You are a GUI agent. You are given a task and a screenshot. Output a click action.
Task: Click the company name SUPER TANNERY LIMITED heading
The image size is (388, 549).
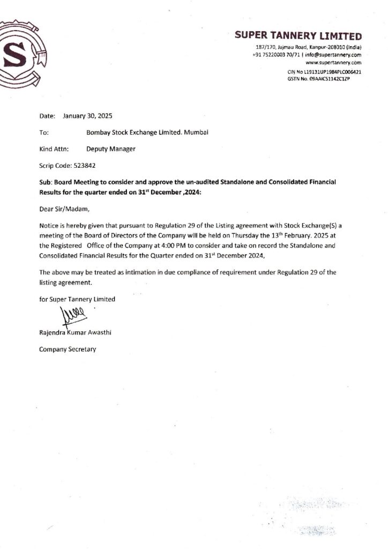point(298,36)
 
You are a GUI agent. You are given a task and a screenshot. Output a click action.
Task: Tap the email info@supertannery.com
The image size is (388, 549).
point(333,55)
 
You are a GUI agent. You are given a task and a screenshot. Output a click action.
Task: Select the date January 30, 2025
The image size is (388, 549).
point(87,116)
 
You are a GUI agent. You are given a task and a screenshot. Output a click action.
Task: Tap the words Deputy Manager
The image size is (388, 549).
point(111,149)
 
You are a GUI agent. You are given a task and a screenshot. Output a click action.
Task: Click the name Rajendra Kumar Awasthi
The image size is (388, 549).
point(75,333)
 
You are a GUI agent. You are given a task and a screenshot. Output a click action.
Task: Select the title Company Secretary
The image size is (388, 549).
point(68,350)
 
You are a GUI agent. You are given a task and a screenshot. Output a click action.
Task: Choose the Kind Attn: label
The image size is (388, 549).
point(54,149)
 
